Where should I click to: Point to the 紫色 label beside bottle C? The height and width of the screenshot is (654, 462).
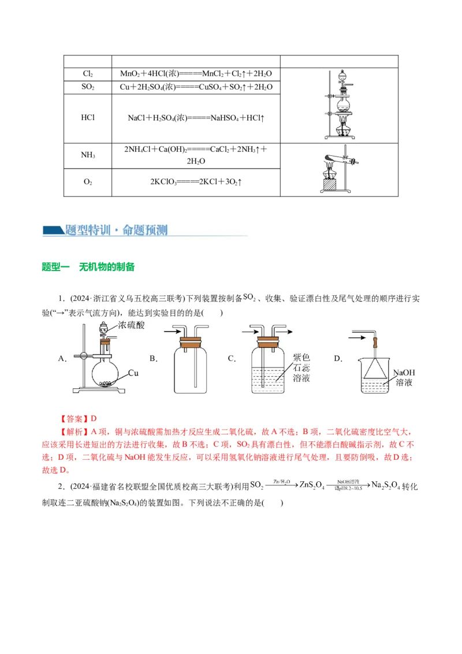tap(301, 358)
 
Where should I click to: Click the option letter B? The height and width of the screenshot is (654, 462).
tap(154, 359)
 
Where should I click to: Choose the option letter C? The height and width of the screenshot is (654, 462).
tap(232, 359)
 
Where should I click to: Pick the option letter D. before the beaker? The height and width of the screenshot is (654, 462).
tap(338, 359)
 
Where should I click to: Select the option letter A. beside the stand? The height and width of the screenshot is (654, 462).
tap(62, 359)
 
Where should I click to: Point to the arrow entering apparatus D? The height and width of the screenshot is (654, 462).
tap(360, 333)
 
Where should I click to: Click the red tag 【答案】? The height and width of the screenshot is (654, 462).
tap(74, 418)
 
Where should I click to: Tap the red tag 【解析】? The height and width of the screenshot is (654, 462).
tap(74, 432)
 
